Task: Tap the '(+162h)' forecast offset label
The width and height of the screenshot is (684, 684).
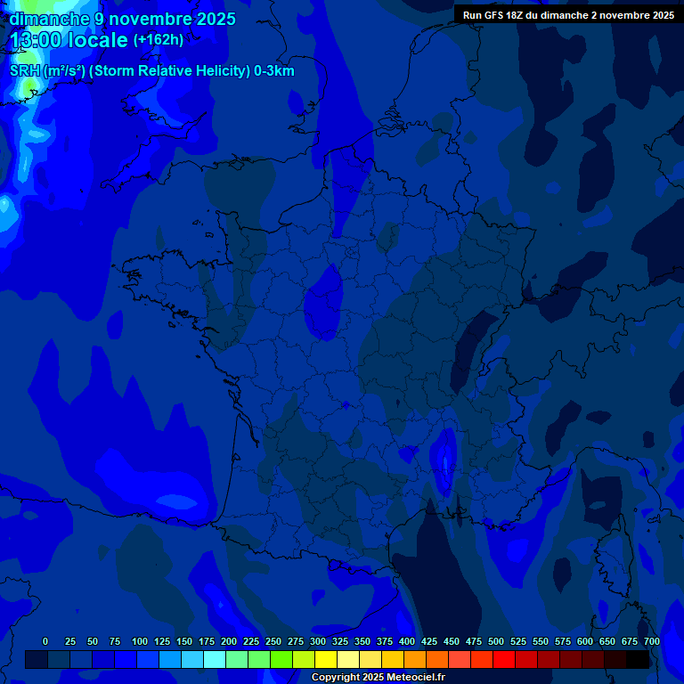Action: pos(159,40)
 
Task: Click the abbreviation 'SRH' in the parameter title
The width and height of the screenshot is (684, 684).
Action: pos(25,71)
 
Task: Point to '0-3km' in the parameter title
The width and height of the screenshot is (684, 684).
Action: pos(273,71)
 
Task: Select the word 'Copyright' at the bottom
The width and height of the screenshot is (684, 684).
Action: pos(336,678)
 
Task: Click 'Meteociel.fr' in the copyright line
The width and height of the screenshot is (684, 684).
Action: pos(415,678)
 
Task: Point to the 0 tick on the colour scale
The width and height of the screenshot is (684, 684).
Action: pos(45,642)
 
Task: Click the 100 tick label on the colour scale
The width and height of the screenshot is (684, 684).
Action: pos(140,642)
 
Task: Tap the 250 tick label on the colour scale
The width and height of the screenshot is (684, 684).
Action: pos(273,642)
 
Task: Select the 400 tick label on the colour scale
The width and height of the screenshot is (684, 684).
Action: pos(407,642)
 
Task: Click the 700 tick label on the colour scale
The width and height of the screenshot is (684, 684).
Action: pos(652,642)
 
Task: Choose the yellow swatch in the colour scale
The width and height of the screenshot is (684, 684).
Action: pos(326,659)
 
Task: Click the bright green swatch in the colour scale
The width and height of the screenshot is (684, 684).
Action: pos(281,659)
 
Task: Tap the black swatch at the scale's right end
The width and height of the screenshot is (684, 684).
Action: pos(638,659)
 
